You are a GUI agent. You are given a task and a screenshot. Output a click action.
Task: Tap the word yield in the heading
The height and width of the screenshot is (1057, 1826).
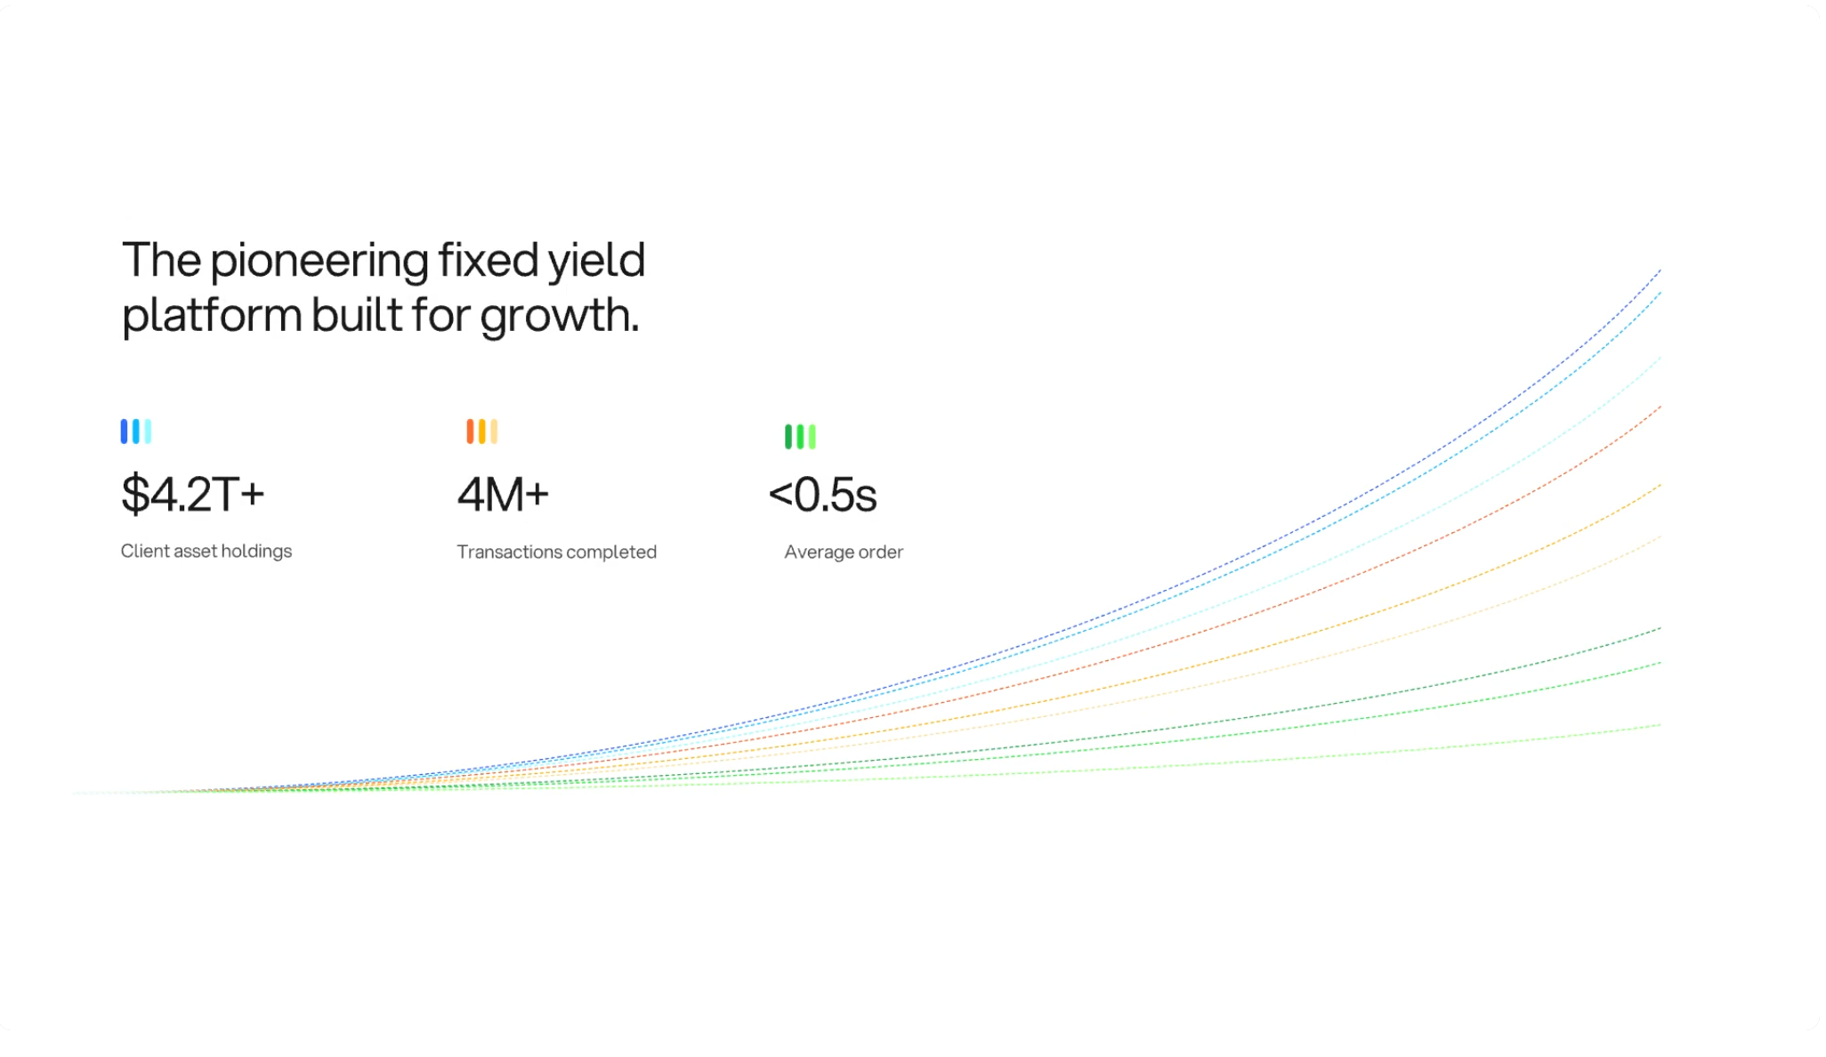pos(595,262)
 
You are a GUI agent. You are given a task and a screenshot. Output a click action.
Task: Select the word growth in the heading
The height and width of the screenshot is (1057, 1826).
pos(558,317)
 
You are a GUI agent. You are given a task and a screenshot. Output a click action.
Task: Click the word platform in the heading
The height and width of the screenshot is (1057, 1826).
pos(211,317)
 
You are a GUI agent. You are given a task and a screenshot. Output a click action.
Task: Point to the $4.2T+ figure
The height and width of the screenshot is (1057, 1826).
pos(192,494)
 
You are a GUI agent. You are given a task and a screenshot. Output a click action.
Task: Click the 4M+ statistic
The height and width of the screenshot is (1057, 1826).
pos(503,494)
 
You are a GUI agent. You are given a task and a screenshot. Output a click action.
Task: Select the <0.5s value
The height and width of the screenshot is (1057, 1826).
pos(822,495)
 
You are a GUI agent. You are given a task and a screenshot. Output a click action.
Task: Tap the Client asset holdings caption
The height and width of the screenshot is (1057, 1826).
pos(206,551)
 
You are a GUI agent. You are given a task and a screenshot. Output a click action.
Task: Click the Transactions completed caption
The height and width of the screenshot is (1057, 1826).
pos(556,552)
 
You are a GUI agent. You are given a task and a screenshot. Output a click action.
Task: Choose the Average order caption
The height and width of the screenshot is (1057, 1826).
pos(843,552)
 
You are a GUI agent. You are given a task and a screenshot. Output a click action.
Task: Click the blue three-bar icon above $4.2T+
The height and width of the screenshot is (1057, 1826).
pos(135,432)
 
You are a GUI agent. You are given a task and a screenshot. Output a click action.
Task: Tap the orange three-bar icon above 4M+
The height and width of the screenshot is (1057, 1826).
pos(481,432)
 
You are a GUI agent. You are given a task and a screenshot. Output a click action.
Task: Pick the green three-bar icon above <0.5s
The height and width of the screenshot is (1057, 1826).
pos(799,436)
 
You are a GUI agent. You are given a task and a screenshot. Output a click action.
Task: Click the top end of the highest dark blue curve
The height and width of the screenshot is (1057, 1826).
pos(1658,271)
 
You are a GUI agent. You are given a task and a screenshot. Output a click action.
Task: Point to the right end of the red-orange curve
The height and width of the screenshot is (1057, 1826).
pos(1658,408)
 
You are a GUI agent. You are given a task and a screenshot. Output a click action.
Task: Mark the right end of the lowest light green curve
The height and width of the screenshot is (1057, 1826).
pos(1658,726)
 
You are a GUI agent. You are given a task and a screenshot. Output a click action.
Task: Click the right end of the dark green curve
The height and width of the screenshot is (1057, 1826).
pos(1658,629)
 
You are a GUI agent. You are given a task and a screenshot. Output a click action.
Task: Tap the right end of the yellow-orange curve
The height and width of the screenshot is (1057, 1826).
pos(1658,487)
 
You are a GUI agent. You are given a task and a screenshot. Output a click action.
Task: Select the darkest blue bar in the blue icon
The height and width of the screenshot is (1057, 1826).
pos(125,432)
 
